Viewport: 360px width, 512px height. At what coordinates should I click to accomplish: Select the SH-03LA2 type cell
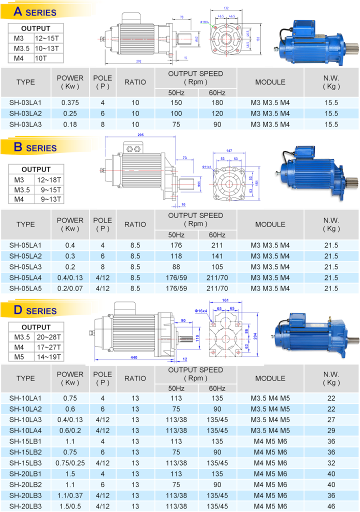[25, 113]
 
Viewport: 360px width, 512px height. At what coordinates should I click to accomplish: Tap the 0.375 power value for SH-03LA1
[70, 102]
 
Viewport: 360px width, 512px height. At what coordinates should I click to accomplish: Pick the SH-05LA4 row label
[25, 277]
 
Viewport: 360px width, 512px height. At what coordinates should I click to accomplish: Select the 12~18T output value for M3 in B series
[48, 179]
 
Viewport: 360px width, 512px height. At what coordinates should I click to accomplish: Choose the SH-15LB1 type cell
[25, 441]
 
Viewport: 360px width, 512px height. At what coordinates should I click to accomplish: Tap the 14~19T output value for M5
[48, 357]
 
